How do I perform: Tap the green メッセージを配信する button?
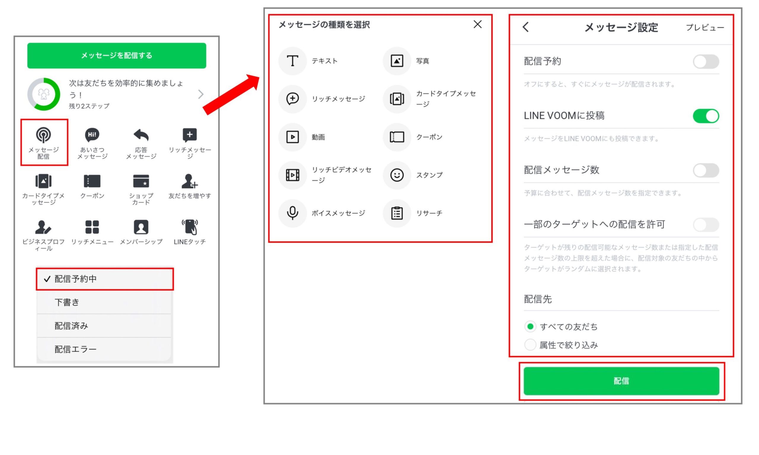(x=117, y=55)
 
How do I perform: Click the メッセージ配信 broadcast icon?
(x=43, y=135)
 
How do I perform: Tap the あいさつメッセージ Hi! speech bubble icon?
(x=92, y=135)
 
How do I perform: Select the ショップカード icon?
(x=141, y=181)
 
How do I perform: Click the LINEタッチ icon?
(x=190, y=227)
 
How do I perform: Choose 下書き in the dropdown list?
(x=67, y=302)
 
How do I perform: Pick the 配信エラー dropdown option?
(x=75, y=349)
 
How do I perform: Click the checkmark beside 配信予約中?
(x=47, y=279)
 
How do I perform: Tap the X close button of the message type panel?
(x=477, y=25)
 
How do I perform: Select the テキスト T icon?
(x=292, y=61)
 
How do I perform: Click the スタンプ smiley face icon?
(x=396, y=175)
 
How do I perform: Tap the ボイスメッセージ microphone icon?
(x=292, y=213)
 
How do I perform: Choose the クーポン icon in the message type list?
(x=396, y=137)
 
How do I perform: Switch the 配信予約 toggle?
(x=705, y=62)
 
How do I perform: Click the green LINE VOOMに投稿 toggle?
(x=705, y=116)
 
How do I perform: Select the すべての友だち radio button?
(x=530, y=327)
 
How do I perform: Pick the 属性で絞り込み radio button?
(x=530, y=345)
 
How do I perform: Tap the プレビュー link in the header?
(x=704, y=28)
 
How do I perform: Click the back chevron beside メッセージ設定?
(x=526, y=27)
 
